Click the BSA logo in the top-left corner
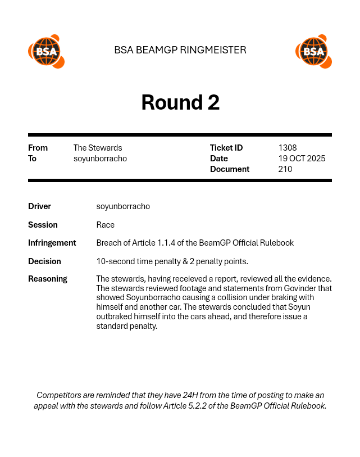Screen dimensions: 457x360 click(46, 52)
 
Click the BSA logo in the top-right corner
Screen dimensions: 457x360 click(313, 52)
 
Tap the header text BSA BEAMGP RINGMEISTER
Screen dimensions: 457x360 click(180, 50)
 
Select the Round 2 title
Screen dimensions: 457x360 click(180, 102)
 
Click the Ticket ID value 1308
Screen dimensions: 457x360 click(287, 148)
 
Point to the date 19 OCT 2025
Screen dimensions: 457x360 click(302, 159)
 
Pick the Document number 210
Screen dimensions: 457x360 click(285, 169)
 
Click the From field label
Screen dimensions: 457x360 click(38, 148)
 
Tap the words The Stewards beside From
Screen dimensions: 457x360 click(98, 148)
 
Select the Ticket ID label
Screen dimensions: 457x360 click(226, 148)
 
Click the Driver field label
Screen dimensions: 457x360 click(39, 206)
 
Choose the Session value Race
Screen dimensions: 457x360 click(106, 225)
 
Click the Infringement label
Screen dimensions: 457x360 click(52, 243)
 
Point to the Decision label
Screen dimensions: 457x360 click(44, 261)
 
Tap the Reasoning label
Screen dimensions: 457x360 click(47, 279)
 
